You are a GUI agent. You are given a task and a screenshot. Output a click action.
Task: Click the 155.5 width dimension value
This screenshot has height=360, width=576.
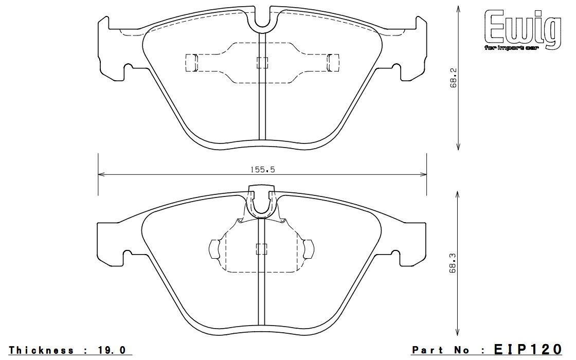[262, 170]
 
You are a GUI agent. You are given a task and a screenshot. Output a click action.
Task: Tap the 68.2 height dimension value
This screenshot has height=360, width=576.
[453, 78]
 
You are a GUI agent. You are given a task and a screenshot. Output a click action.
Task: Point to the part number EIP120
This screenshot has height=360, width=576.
[528, 349]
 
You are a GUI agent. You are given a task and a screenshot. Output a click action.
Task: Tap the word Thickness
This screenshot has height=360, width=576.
[41, 350]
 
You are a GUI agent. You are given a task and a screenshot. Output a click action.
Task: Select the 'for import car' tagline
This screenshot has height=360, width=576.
[512, 48]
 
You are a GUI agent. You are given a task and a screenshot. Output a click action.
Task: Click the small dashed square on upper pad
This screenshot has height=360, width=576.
[262, 63]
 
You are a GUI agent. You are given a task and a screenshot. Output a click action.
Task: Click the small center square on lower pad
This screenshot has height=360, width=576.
[262, 249]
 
